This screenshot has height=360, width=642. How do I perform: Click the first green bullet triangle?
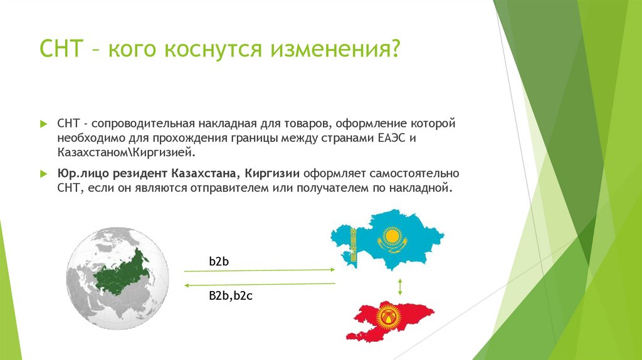[43, 124]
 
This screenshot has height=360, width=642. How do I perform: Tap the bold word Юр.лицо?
[79, 174]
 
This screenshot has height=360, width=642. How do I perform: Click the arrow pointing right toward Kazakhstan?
[259, 270]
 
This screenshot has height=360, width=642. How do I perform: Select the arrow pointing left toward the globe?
[259, 284]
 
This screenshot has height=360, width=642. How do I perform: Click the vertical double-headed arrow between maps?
[399, 287]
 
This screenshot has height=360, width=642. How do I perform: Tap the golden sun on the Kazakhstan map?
[392, 237]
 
